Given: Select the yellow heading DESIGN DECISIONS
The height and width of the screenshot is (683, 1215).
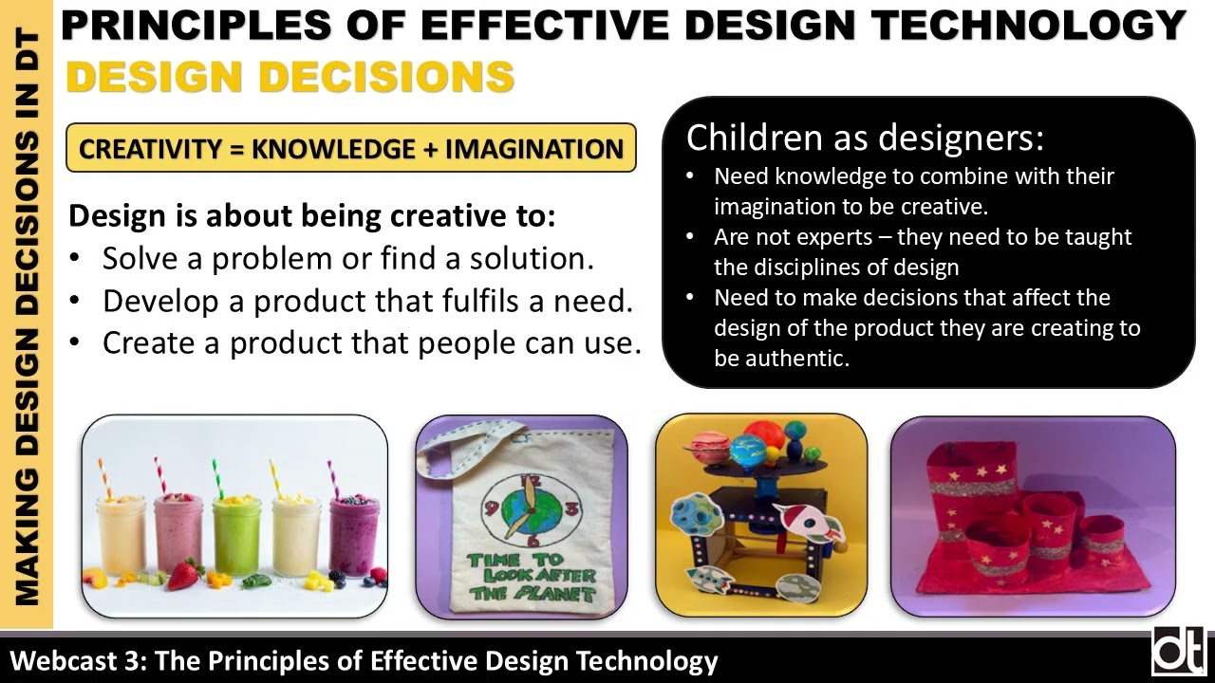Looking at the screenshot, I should tap(290, 77).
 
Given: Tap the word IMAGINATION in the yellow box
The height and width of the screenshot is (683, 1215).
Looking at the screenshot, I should tap(534, 150).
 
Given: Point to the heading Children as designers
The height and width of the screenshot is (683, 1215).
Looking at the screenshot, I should tap(865, 138).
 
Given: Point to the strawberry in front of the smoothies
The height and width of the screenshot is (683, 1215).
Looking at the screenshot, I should tap(184, 575).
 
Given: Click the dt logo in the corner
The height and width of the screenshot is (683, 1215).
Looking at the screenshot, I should tap(1179, 652).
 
